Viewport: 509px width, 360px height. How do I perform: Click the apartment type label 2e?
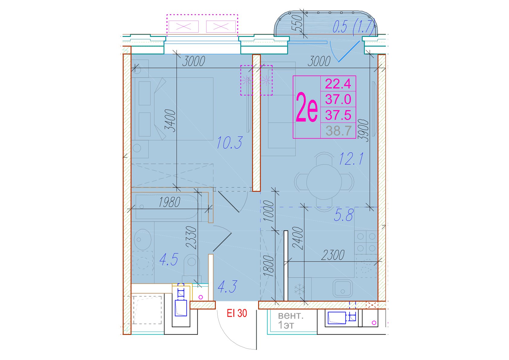pos(306,107)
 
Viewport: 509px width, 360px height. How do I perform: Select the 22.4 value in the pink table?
pos(338,84)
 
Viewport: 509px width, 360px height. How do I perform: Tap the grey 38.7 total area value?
pos(339,131)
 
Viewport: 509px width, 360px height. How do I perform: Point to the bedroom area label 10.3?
pos(229,142)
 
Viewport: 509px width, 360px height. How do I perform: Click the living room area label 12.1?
pos(351,159)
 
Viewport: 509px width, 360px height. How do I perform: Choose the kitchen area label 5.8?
pos(344,215)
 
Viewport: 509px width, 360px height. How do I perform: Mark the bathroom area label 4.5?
pos(169,260)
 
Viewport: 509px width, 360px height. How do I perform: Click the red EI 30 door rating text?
pos(237,313)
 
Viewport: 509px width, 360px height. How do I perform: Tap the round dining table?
pos(324,182)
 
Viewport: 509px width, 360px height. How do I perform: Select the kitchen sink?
pos(343,288)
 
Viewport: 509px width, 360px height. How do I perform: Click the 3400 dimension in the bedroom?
pos(170,121)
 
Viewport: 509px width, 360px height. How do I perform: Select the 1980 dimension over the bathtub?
pos(169,202)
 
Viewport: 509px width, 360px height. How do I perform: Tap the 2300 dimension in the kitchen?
pos(333,255)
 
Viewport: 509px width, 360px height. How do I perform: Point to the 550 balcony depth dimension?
pos(297,23)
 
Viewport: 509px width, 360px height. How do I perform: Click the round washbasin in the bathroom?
pos(143,239)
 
